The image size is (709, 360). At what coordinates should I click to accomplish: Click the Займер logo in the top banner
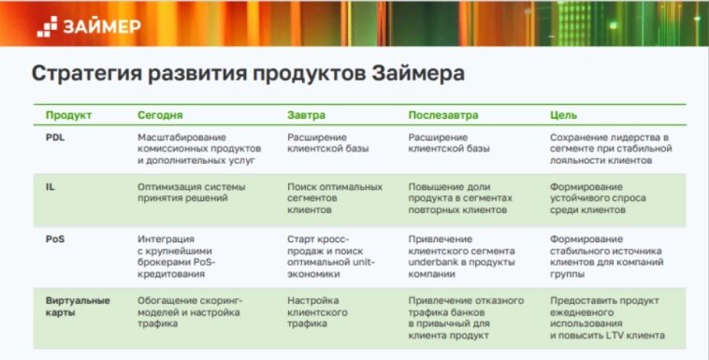pyautogui.click(x=90, y=25)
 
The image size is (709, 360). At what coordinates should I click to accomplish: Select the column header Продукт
pyautogui.click(x=68, y=115)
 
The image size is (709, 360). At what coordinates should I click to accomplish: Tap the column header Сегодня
pyautogui.click(x=160, y=115)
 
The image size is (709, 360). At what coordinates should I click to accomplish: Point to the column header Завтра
pyautogui.click(x=307, y=115)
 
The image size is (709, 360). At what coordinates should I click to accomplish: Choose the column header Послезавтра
pyautogui.click(x=442, y=115)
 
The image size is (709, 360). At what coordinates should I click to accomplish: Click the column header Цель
pyautogui.click(x=564, y=115)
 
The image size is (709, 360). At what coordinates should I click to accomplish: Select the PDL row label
pyautogui.click(x=55, y=137)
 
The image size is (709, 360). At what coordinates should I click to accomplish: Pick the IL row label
pyautogui.click(x=50, y=187)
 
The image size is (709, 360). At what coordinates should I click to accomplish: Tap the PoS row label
pyautogui.click(x=54, y=238)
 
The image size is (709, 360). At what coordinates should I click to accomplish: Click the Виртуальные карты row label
pyautogui.click(x=78, y=306)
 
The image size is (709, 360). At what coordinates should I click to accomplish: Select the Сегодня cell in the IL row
pyautogui.click(x=191, y=193)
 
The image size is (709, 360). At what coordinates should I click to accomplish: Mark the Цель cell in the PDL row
pyautogui.click(x=610, y=149)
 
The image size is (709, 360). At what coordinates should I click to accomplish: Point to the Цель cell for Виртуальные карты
pyautogui.click(x=607, y=318)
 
